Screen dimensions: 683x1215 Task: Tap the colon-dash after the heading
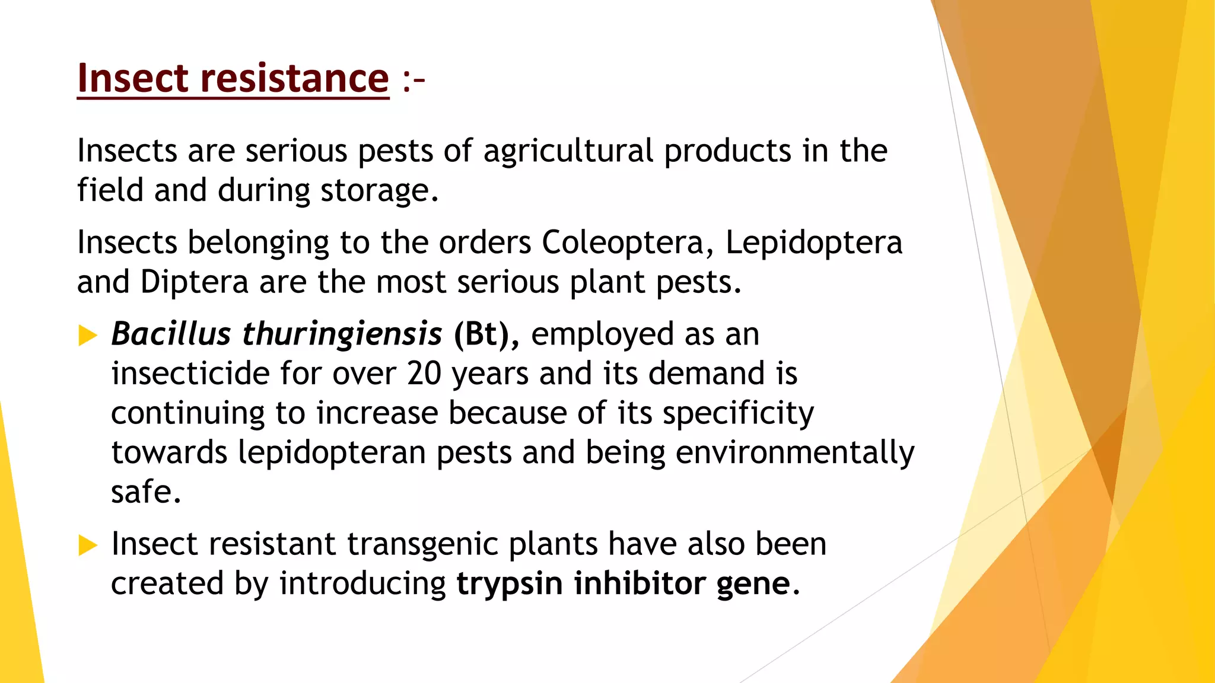coord(414,81)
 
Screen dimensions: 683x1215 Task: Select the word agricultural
coord(568,151)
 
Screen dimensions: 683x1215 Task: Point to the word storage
coord(375,191)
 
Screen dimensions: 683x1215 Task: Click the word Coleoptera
coord(622,243)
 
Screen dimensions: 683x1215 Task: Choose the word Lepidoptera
coord(813,243)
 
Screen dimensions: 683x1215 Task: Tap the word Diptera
coord(194,282)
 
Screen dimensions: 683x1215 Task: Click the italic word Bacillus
coord(171,334)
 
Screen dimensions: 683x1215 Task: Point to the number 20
coord(424,374)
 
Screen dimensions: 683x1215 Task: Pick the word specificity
coord(738,414)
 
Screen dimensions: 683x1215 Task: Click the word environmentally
coord(795,453)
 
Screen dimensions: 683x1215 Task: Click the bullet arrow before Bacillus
coord(87,336)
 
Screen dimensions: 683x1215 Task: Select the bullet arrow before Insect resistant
coord(87,545)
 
